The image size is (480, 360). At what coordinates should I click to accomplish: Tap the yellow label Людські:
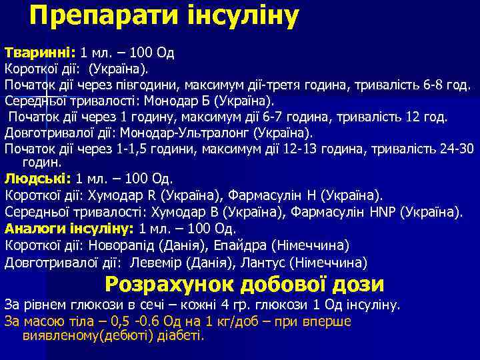[x=38, y=179]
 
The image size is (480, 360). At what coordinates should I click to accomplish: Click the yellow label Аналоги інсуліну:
[x=69, y=229]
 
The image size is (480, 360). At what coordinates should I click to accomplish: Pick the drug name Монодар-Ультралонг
[x=197, y=133]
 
